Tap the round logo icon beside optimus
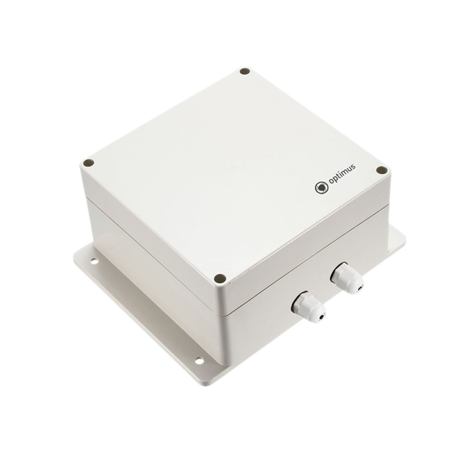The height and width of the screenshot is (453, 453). tap(322, 188)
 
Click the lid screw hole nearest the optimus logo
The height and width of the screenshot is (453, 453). tap(381, 170)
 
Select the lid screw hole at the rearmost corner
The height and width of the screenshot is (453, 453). tap(245, 72)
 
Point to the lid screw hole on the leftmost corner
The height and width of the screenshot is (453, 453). tap(88, 163)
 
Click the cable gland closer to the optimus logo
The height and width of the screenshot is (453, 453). tap(347, 278)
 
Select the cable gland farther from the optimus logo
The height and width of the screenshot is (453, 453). tap(309, 308)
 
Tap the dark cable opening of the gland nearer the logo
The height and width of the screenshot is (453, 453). tap(360, 288)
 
